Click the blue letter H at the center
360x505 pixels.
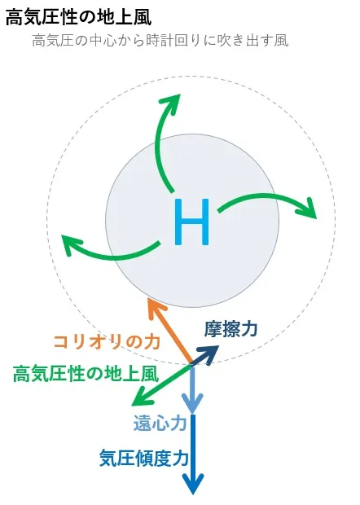[x=191, y=222]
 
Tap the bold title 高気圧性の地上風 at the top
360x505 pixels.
[x=78, y=17]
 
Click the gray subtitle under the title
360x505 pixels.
[x=160, y=41]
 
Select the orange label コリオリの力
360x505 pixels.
[x=107, y=342]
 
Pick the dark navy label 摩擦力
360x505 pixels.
[x=230, y=329]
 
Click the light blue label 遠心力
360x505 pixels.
[x=160, y=423]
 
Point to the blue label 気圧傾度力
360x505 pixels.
[x=144, y=458]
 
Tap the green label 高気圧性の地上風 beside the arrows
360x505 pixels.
[x=86, y=374]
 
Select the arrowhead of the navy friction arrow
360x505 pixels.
[x=212, y=352]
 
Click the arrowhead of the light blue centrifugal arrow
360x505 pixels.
[x=192, y=404]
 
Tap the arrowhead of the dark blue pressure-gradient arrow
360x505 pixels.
[x=193, y=485]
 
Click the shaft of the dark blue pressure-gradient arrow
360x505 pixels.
[x=193, y=446]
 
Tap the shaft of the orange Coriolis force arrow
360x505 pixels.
[x=172, y=335]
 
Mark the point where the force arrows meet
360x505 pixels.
[x=192, y=365]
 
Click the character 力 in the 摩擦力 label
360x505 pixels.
[x=249, y=329]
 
